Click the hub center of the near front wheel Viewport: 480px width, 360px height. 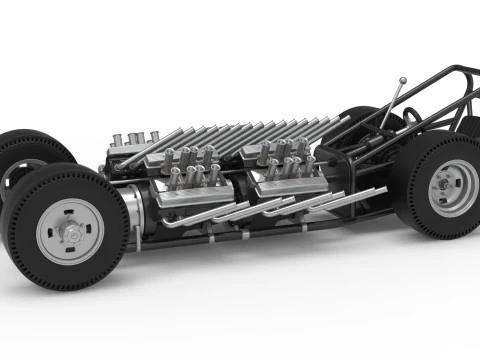(x=71, y=232)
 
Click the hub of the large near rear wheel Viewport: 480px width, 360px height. (x=452, y=188)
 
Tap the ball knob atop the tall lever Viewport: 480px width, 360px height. (x=402, y=81)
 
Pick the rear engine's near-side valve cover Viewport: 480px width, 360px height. (x=284, y=181)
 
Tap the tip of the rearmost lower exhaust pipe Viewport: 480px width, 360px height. (x=384, y=189)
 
